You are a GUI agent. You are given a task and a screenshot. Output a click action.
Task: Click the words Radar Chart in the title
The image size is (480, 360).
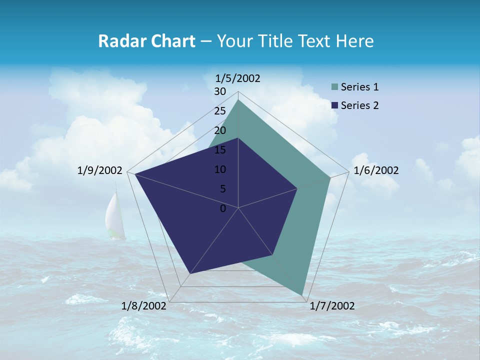point(146,41)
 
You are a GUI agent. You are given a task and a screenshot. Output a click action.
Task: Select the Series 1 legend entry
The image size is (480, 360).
point(359,87)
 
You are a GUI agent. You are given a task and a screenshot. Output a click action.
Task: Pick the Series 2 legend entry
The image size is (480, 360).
point(359,105)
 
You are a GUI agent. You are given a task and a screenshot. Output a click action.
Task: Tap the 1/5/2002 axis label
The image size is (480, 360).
point(237,78)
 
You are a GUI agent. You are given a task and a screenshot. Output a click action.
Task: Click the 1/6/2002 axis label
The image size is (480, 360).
point(376,170)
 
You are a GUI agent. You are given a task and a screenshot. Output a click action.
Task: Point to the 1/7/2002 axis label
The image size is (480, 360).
point(332,306)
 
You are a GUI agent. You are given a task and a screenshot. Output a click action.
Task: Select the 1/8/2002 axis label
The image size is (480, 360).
point(144,306)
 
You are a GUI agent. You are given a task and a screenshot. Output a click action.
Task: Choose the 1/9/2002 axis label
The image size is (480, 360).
point(100,170)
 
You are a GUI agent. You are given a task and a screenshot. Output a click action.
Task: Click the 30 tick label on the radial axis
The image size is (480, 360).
point(220,91)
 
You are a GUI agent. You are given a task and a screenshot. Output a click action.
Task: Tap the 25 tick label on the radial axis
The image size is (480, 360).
point(220,111)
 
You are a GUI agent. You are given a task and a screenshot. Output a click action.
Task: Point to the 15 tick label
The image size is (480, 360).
point(220,150)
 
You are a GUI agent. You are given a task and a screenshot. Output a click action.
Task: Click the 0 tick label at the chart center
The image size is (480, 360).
point(223,208)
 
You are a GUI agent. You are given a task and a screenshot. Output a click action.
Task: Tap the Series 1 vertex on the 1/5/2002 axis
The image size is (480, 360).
point(238,100)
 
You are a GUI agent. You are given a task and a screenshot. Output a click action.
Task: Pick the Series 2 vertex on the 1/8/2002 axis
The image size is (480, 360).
point(190,273)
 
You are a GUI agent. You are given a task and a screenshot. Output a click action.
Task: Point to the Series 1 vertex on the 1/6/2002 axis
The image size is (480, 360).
point(330,177)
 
